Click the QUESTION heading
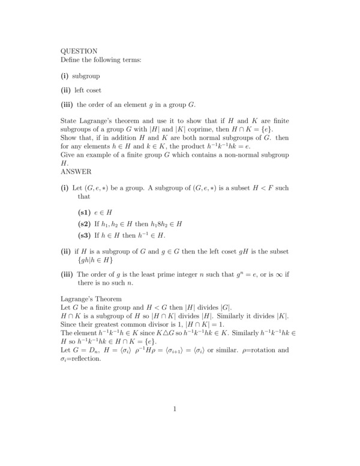(79, 51)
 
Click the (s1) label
(86, 212)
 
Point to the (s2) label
(86, 223)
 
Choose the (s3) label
(86, 235)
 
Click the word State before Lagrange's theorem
(70, 121)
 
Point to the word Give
(70, 155)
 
